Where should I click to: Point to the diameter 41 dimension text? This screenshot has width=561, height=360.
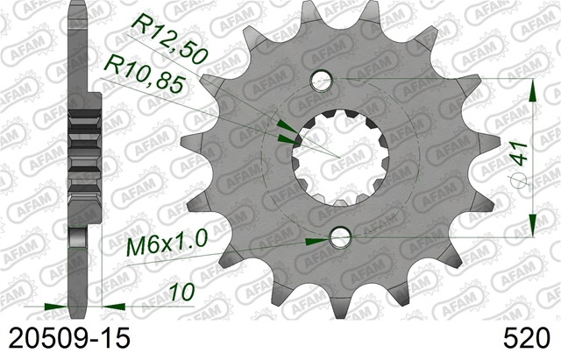tap(520, 154)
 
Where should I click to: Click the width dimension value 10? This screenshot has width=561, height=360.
tap(182, 292)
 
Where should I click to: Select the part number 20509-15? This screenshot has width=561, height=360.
tap(69, 338)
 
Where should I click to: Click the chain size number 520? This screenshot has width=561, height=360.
tap(526, 338)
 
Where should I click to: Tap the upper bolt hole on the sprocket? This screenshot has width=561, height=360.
tap(322, 80)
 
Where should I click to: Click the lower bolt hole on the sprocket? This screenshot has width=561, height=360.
tap(340, 237)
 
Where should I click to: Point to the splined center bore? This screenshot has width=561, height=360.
tap(340, 158)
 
